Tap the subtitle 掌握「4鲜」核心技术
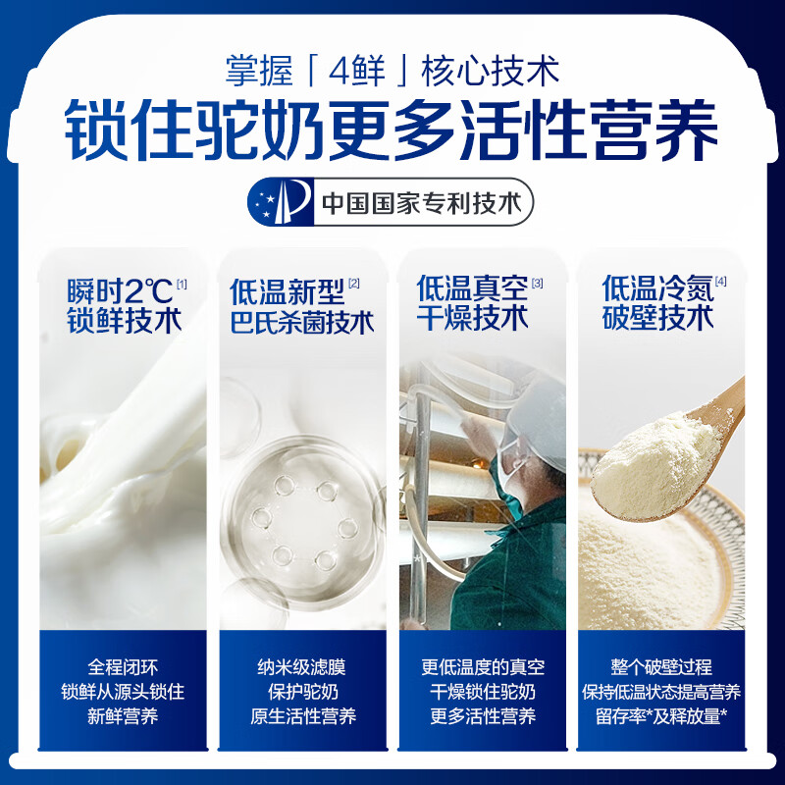click(392, 71)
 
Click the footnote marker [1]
click(182, 284)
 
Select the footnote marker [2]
click(354, 284)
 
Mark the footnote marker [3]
click(537, 284)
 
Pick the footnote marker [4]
click(721, 283)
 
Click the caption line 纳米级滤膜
click(302, 666)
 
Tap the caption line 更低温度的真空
click(483, 666)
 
